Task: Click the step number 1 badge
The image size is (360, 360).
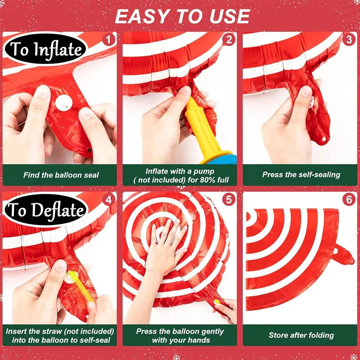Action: [x=108, y=40]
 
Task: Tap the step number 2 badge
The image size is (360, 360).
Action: [x=229, y=40]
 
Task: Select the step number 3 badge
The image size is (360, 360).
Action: [x=349, y=40]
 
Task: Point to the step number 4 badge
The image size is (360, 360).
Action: [x=108, y=199]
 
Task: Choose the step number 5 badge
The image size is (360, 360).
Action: [x=229, y=199]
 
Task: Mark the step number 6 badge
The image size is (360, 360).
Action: [x=349, y=199]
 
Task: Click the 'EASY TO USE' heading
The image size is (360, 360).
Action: [x=182, y=17]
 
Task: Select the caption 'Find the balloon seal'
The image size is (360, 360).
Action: [x=61, y=175]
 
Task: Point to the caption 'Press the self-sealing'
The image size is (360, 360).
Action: [x=301, y=175]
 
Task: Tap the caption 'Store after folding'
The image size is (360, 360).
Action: [x=301, y=335]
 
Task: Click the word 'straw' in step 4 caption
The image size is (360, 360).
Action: [x=52, y=331]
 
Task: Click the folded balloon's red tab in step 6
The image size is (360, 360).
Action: [x=343, y=254]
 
